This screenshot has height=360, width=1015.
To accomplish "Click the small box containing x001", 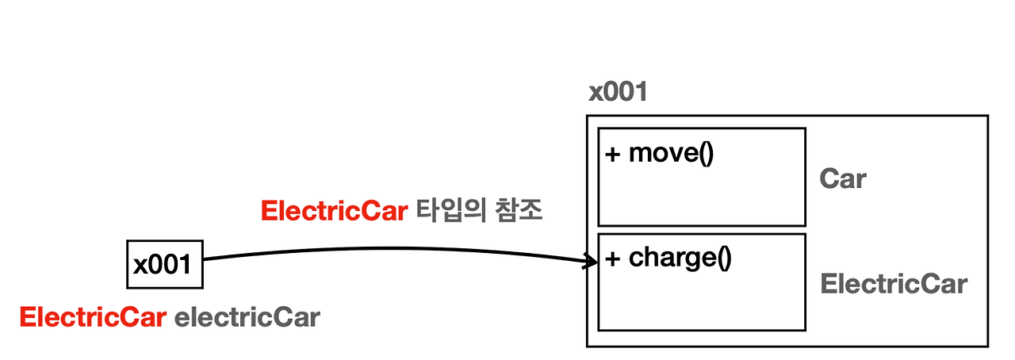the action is tap(164, 264).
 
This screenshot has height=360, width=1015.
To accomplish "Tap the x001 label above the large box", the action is tap(618, 92).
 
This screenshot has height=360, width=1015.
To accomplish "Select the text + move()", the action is tap(659, 153).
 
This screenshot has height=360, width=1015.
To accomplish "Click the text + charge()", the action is tap(667, 259).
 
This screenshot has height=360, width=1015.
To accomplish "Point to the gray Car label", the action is tap(843, 178).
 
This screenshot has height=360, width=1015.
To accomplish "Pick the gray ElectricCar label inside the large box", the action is tap(894, 284).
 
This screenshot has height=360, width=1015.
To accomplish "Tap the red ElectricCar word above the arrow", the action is tap(333, 212).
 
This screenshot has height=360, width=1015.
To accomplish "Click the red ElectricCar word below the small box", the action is tap(93, 318).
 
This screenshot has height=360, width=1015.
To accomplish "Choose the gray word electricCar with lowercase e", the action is tap(247, 318).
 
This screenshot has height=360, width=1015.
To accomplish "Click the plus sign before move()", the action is tap(613, 154).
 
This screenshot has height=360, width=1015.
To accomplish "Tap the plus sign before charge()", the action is tap(613, 259).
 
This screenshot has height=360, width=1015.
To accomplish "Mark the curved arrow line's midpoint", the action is tap(396, 249).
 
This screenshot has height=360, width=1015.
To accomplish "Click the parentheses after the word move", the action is tap(705, 153).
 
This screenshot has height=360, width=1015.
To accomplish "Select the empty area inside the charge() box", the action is tap(702, 301).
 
